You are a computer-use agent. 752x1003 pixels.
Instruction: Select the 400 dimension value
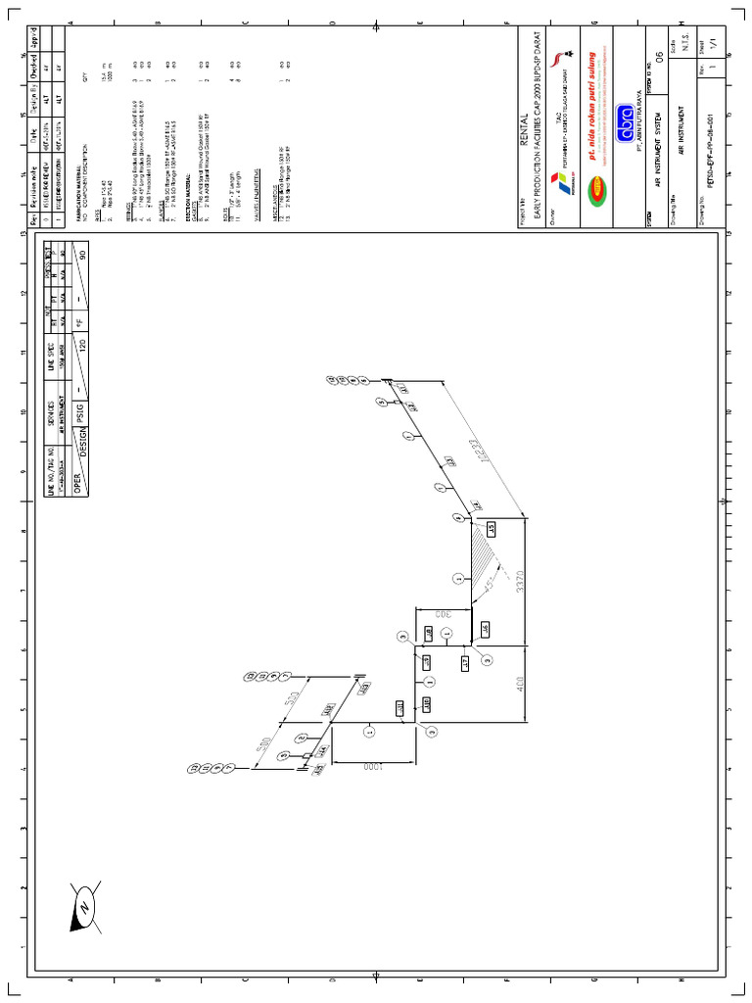[x=521, y=682]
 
